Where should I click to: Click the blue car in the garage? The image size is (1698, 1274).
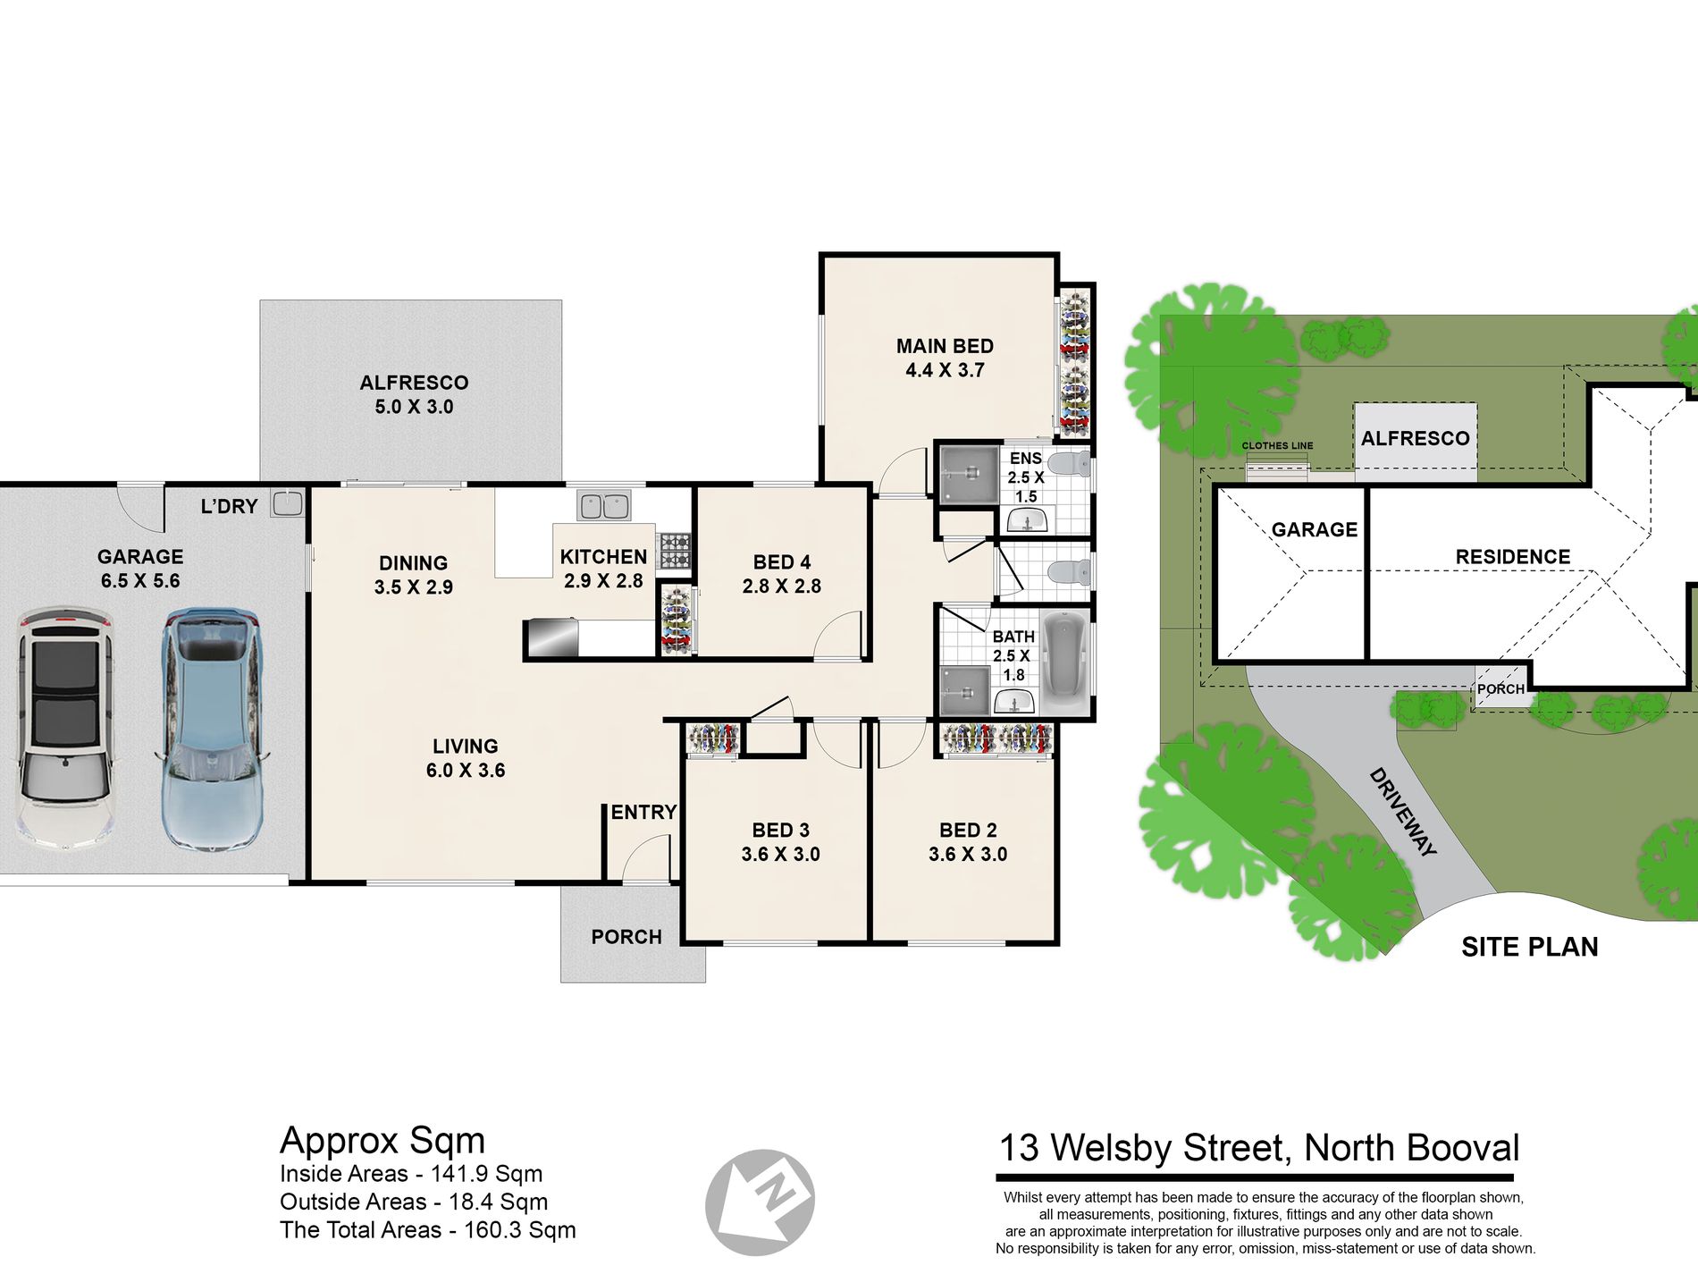pos(212,730)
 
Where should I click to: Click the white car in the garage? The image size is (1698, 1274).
pos(66,729)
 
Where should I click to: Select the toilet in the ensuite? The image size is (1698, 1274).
pos(1069,465)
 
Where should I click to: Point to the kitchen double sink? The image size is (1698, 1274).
pos(604,506)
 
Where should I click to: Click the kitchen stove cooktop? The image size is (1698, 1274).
pos(675,551)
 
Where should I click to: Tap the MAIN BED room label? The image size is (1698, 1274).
pos(945,346)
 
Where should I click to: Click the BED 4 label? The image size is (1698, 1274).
pos(781,562)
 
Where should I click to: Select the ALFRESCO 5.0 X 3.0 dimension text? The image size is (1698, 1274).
pos(414,407)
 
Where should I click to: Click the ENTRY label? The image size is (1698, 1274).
pos(643,813)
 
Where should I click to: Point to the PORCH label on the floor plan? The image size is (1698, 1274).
pos(626,937)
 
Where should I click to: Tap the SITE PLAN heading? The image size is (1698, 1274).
pos(1530,947)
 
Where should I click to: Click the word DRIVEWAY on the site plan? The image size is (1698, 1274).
pos(1402,813)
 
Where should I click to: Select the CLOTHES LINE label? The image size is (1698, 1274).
pos(1277,445)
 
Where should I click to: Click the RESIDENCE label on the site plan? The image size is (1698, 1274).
pos(1513,557)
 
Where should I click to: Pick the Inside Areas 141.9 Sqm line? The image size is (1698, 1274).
pos(411,1174)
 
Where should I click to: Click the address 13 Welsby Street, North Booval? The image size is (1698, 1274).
pos(1258,1148)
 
